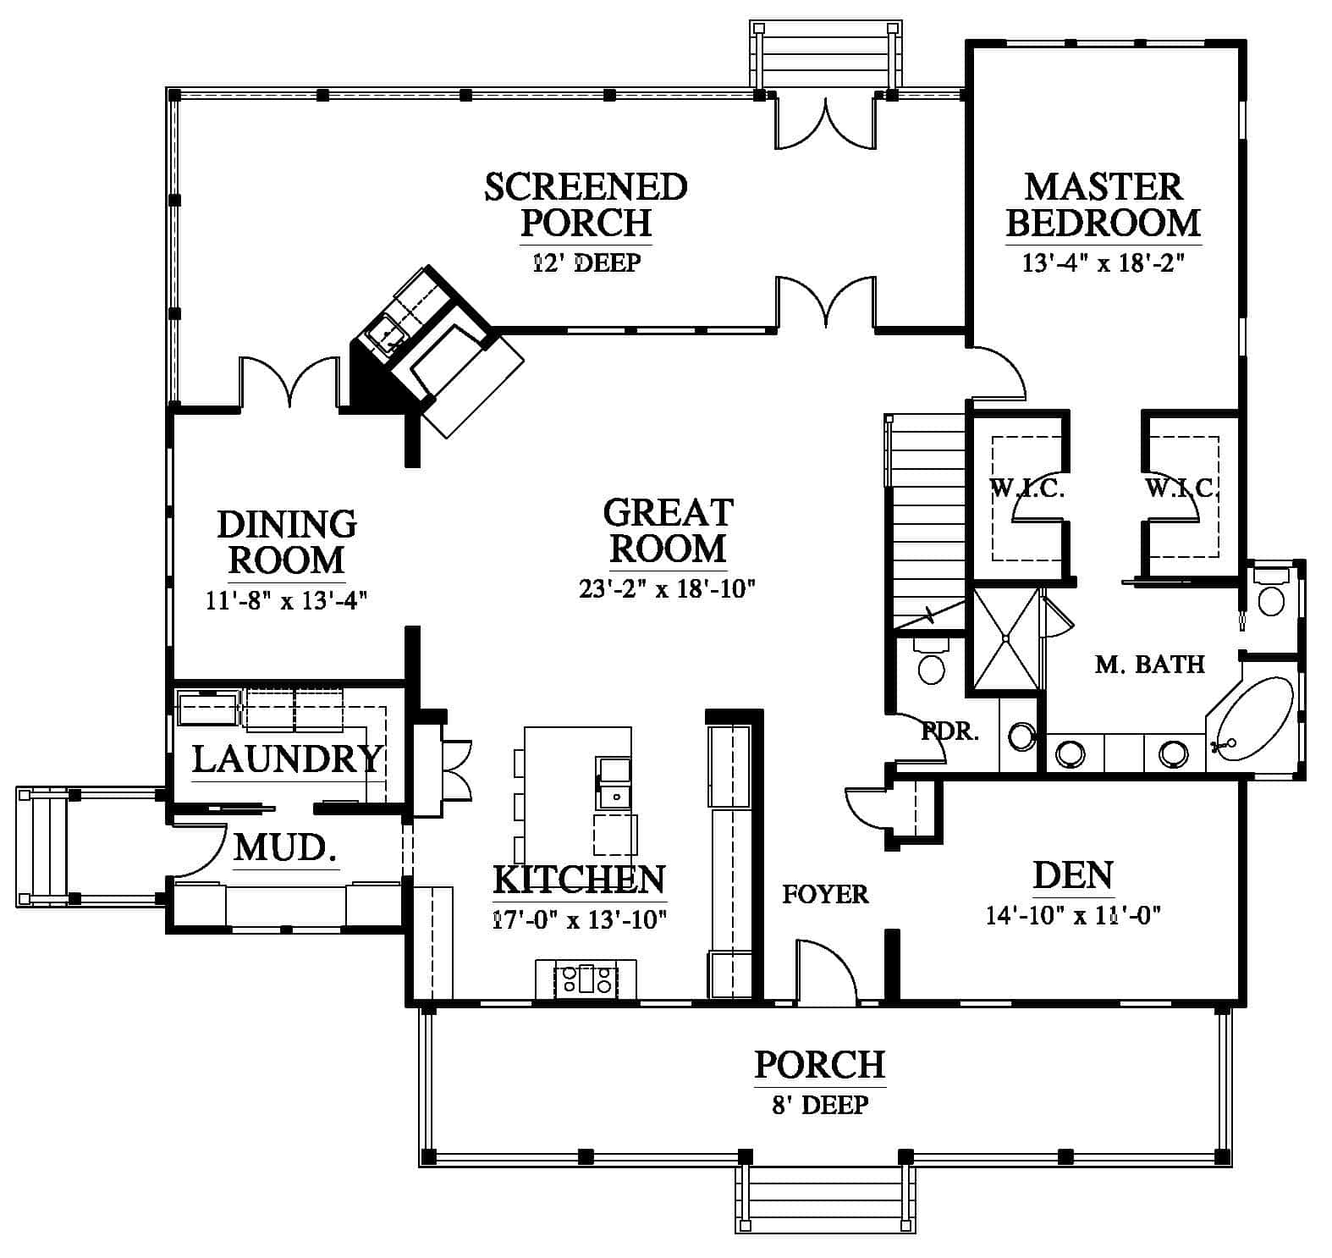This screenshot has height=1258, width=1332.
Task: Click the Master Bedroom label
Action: pyautogui.click(x=1103, y=205)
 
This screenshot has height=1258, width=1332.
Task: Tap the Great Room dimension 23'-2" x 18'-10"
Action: pyautogui.click(x=667, y=588)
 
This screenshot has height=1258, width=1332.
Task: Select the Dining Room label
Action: pyautogui.click(x=287, y=542)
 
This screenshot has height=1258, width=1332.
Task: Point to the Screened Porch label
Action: pyautogui.click(x=586, y=205)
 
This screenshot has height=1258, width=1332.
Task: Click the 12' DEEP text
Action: pyautogui.click(x=586, y=262)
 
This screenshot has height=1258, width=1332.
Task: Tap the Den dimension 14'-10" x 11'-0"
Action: pyautogui.click(x=1072, y=915)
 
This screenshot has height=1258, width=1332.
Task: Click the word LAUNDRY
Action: pyautogui.click(x=287, y=759)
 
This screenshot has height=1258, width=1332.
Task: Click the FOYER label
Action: pyautogui.click(x=825, y=894)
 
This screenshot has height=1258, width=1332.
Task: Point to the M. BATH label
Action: pyautogui.click(x=1149, y=664)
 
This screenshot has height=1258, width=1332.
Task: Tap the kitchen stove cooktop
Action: pyautogui.click(x=586, y=979)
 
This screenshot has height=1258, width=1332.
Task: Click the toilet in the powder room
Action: pyautogui.click(x=931, y=660)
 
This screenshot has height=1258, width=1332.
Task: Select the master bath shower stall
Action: pyautogui.click(x=1005, y=639)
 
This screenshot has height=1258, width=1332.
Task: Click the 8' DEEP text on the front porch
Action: pyautogui.click(x=820, y=1105)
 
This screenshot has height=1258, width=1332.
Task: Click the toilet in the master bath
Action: pyautogui.click(x=1269, y=593)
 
